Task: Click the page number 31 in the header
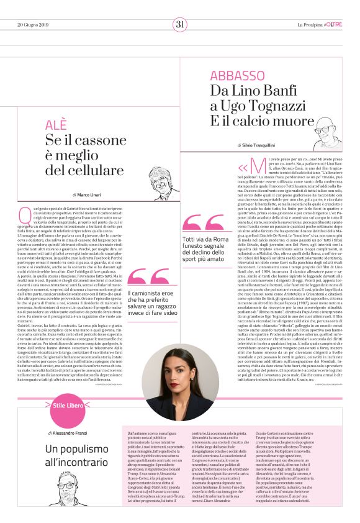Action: [x=180, y=24]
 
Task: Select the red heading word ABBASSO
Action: [x=237, y=76]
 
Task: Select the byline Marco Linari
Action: [x=92, y=195]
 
